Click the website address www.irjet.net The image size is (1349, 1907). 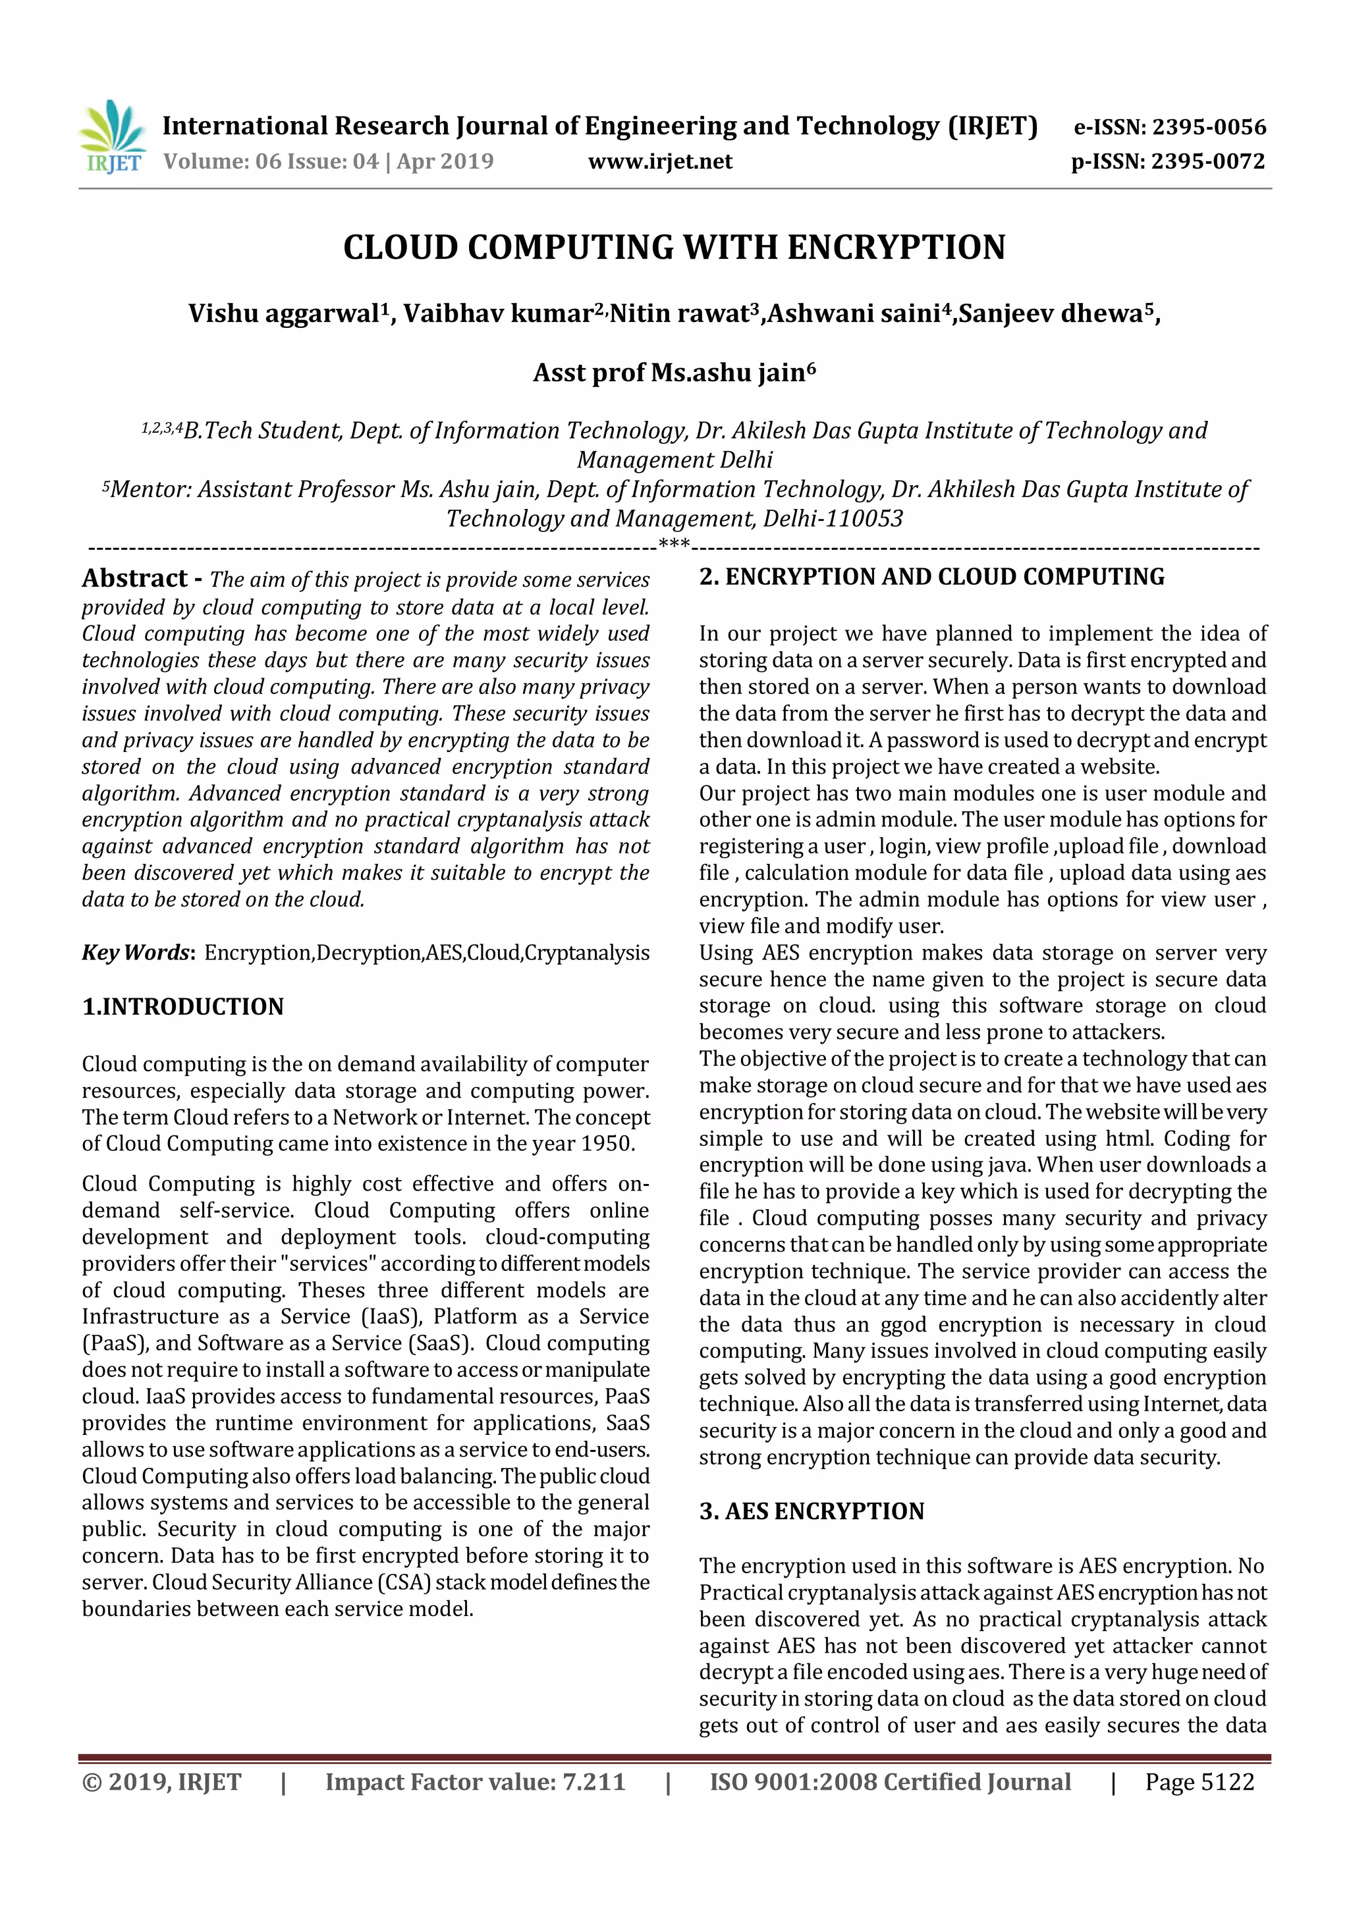(x=661, y=161)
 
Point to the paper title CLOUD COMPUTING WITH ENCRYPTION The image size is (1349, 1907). (x=674, y=248)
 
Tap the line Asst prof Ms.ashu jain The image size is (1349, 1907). (x=674, y=372)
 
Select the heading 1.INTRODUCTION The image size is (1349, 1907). (x=182, y=1007)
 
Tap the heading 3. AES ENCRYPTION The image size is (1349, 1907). (x=812, y=1511)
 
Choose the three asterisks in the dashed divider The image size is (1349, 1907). (x=674, y=545)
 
